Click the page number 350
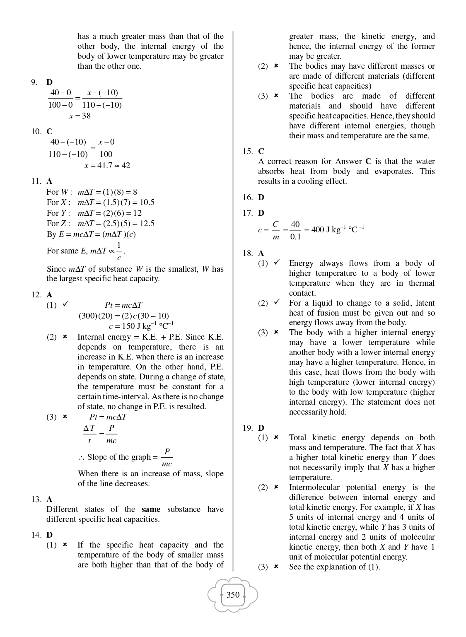(233, 595)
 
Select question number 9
(34, 82)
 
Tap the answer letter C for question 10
(50, 131)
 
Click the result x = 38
(80, 116)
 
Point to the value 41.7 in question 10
(104, 166)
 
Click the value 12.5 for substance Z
(147, 224)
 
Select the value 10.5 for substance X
(147, 203)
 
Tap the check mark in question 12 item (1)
(65, 304)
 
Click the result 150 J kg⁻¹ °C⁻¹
(141, 326)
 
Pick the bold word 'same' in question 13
(151, 509)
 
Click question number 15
(247, 151)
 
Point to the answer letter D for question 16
(261, 197)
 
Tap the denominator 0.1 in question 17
(295, 237)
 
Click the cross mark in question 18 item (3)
(276, 332)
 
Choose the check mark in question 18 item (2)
(276, 302)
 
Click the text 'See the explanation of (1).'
(334, 567)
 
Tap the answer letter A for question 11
(50, 181)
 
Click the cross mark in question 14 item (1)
(65, 544)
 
